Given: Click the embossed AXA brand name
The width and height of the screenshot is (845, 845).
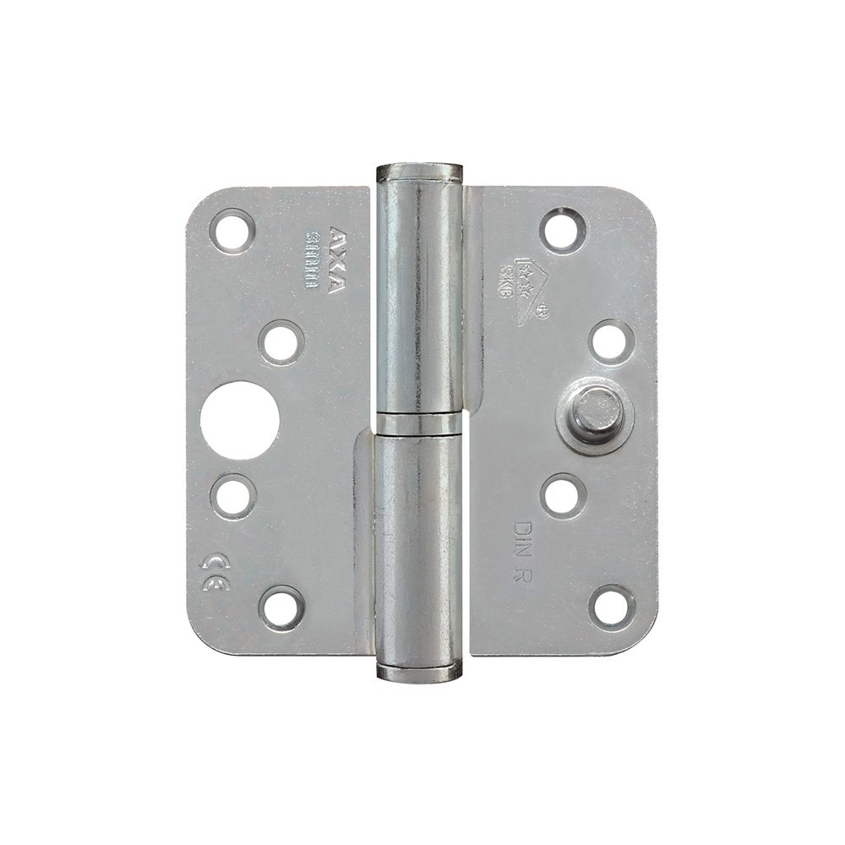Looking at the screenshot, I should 336,259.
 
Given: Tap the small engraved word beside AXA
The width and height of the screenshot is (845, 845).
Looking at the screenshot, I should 311,259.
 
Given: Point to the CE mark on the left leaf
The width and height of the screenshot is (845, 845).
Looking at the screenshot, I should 215,571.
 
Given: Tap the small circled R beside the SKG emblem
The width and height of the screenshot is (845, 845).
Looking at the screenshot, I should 542,312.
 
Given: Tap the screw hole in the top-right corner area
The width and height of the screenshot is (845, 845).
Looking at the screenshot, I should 563,230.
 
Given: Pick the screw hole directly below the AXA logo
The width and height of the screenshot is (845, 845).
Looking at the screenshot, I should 281,342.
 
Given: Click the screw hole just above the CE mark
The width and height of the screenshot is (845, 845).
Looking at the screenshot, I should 232,496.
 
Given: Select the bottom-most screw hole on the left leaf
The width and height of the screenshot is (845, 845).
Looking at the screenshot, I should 281,608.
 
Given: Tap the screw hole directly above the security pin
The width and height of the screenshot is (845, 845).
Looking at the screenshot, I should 611,341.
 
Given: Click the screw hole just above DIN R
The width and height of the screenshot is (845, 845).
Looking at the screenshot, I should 563,495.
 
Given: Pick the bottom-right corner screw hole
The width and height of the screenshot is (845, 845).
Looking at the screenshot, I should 611,607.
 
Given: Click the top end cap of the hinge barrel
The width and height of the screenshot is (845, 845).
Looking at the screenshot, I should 419,172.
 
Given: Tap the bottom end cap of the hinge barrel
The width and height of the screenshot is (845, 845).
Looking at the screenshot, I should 419,672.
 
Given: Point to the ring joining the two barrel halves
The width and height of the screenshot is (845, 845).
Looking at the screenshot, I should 419,423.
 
